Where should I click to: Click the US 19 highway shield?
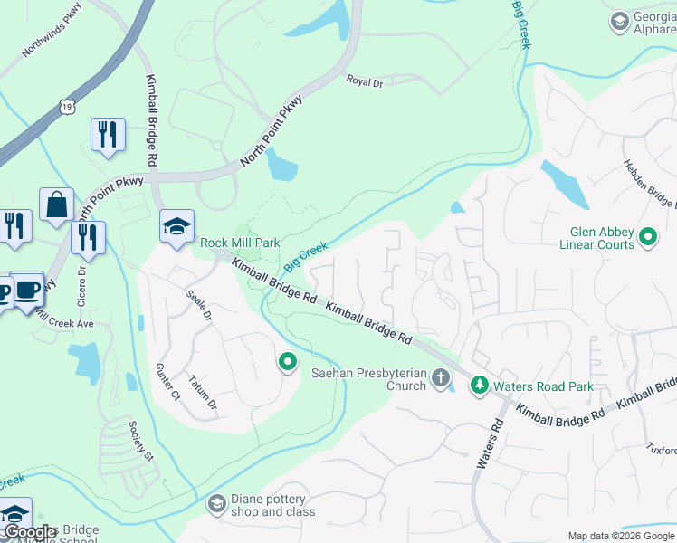click(x=68, y=107)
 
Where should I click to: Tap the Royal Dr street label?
click(x=365, y=81)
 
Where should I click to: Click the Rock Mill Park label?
click(x=240, y=243)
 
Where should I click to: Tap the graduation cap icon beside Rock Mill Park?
click(x=176, y=228)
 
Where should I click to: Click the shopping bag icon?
click(x=56, y=205)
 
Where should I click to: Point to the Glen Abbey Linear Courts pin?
click(x=647, y=238)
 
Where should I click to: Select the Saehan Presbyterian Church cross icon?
click(x=441, y=376)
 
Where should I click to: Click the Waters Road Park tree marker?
click(x=479, y=386)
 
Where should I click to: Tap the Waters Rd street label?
click(x=490, y=443)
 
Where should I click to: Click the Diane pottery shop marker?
click(x=216, y=502)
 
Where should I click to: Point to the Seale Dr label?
click(x=198, y=307)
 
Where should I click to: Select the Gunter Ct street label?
click(x=168, y=381)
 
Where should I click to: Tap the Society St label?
click(x=141, y=441)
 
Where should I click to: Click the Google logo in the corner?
click(x=30, y=533)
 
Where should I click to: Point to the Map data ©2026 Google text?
click(x=620, y=536)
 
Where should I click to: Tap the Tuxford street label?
click(x=662, y=450)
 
